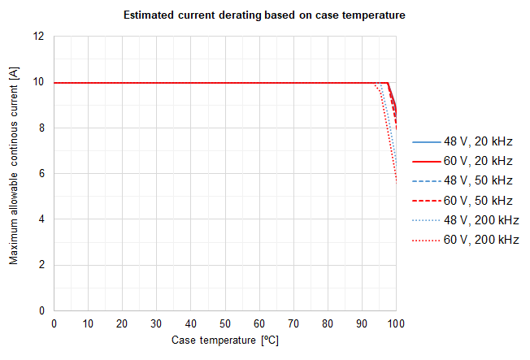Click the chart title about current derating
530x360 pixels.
pos(263,15)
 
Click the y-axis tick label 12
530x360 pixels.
pos(38,37)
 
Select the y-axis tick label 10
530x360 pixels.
pos(38,82)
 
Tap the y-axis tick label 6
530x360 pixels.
pos(41,174)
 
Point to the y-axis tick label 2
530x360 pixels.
pos(41,265)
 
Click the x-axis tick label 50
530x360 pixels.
pos(225,323)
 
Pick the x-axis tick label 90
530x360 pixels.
pos(362,323)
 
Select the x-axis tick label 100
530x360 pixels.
pos(396,323)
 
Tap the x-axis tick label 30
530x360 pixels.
pos(157,323)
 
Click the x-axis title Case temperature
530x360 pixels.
pos(225,340)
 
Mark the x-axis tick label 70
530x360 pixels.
pos(293,323)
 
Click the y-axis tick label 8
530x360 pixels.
pos(41,128)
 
